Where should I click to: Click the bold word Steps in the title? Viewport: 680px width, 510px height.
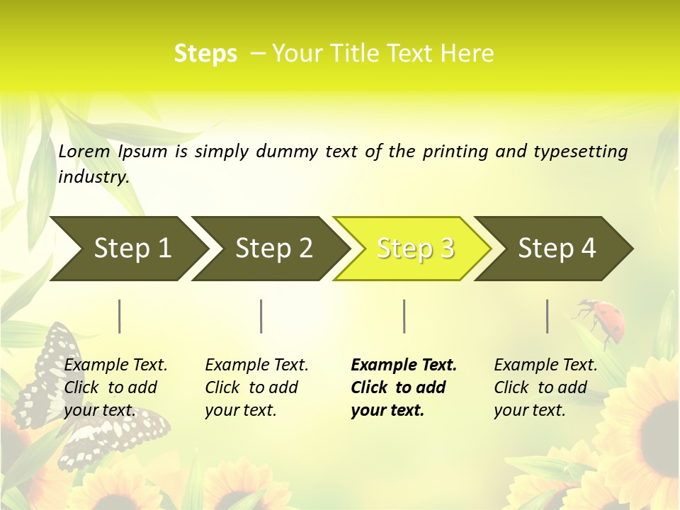click(205, 54)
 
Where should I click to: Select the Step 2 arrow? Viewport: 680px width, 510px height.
click(270, 249)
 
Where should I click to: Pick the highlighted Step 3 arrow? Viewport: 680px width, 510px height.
click(412, 249)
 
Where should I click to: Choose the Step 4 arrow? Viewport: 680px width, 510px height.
click(553, 249)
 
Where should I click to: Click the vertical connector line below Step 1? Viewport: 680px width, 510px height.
click(119, 316)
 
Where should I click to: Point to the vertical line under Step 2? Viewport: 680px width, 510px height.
click(261, 316)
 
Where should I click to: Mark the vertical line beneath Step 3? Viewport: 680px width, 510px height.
click(404, 316)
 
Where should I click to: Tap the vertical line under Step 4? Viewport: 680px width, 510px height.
click(547, 316)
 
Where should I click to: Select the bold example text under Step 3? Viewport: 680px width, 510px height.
click(403, 387)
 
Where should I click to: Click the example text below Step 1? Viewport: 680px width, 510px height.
click(115, 387)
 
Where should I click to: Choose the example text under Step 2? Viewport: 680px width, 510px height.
click(256, 387)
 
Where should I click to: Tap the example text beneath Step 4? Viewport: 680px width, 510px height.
click(545, 387)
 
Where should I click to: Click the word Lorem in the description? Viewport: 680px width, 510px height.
click(84, 152)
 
